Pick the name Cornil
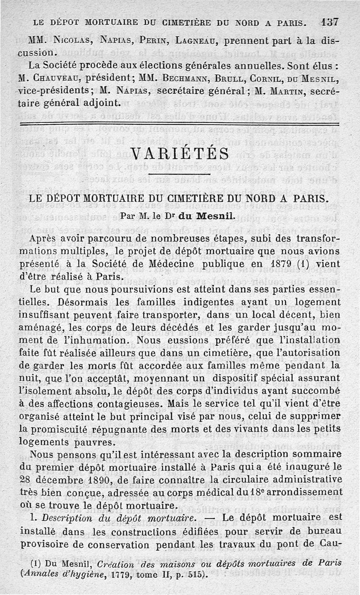270,77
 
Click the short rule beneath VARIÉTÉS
180,174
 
